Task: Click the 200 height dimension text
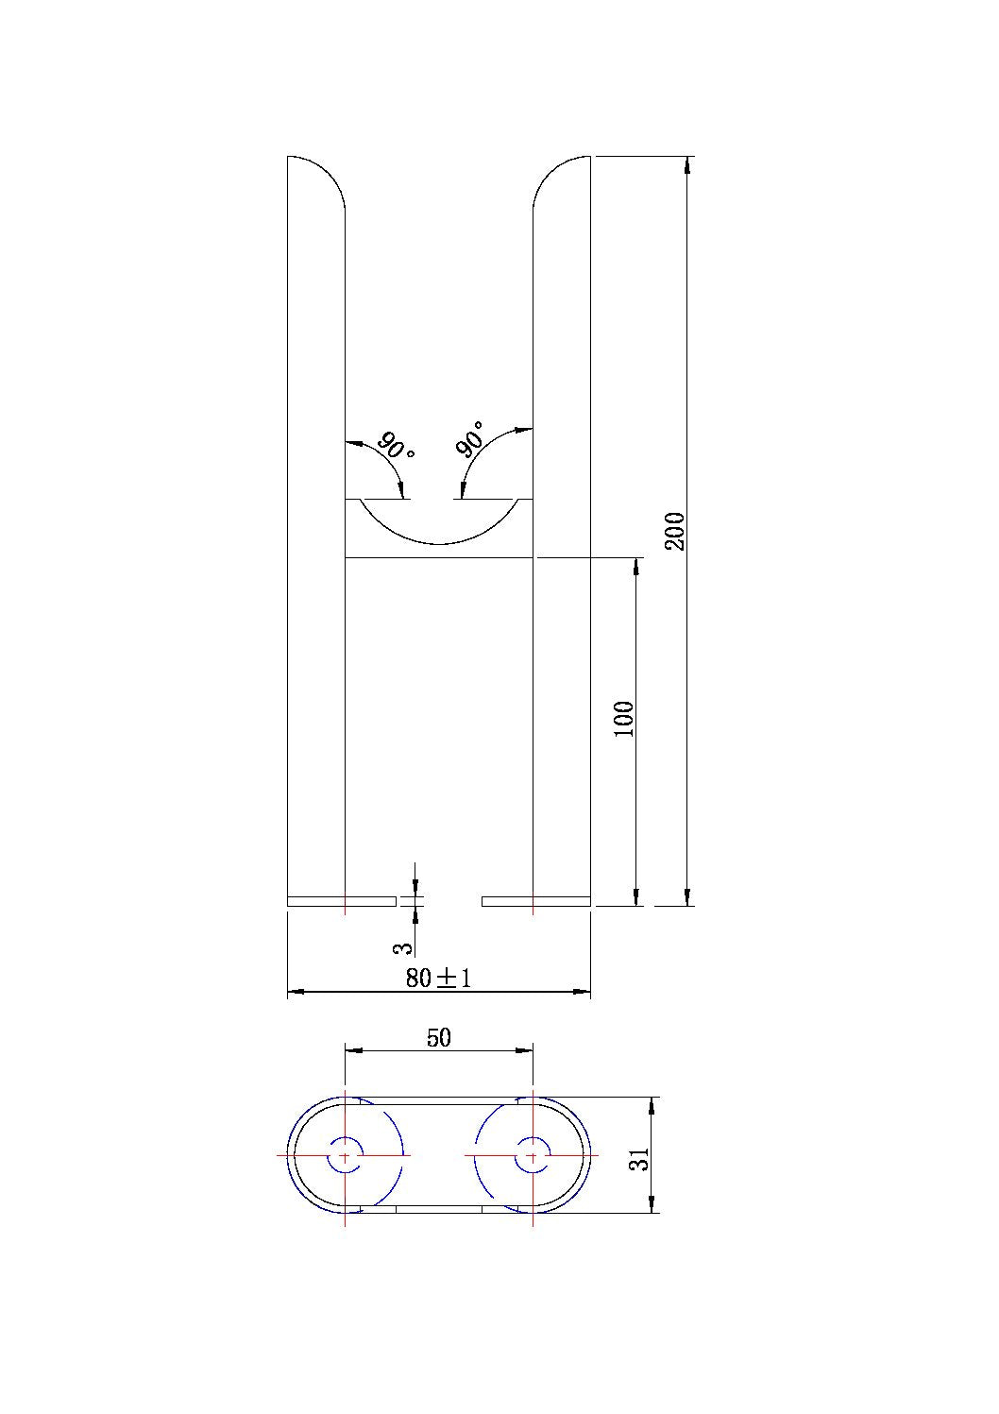(674, 531)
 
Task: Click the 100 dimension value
(624, 719)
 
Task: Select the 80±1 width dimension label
(438, 978)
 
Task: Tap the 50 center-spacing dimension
(439, 1037)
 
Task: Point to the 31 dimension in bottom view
(641, 1159)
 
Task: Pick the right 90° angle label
(469, 440)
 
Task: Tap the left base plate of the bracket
(341, 901)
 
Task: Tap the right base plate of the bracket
(535, 901)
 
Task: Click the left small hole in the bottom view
(345, 1155)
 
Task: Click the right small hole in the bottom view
(533, 1155)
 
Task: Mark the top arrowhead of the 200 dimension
(686, 164)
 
